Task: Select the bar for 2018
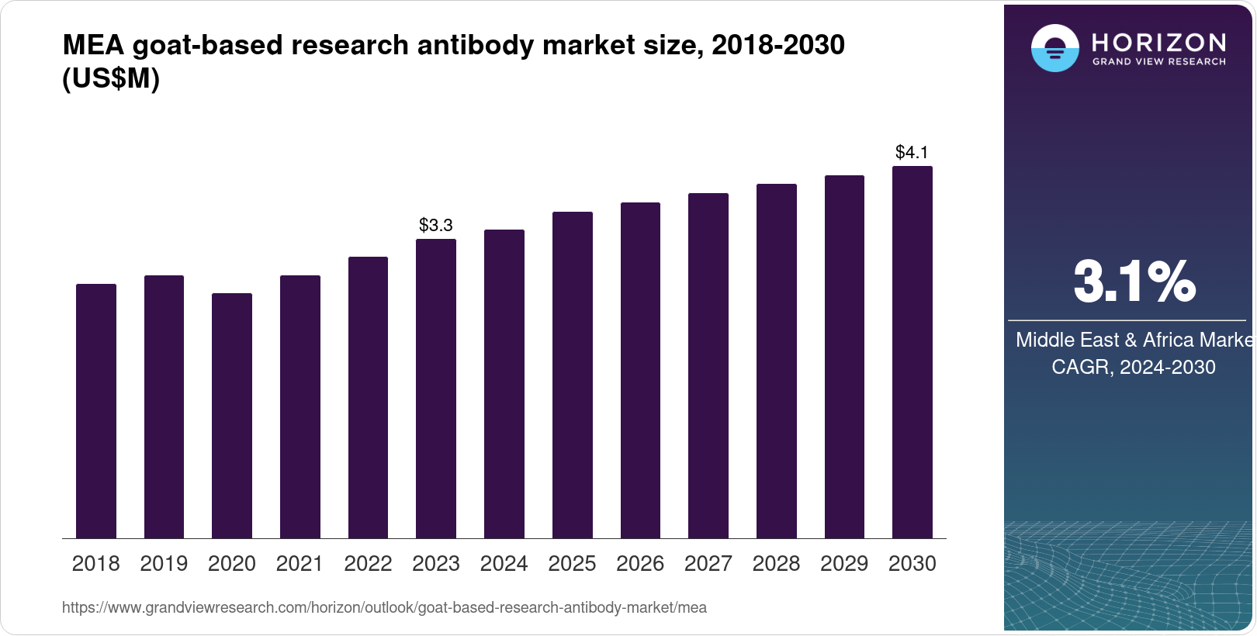point(96,411)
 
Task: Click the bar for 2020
point(232,416)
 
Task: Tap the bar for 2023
point(436,389)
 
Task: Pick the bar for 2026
point(640,371)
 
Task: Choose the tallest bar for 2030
point(912,352)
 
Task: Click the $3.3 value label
point(436,225)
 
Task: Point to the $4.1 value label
point(912,152)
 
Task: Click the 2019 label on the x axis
point(164,564)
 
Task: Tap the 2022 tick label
point(368,564)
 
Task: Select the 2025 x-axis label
point(572,564)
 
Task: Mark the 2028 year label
point(776,564)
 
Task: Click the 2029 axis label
point(844,564)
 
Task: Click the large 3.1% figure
point(1134,282)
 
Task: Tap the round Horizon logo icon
point(1054,48)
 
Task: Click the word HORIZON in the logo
point(1159,42)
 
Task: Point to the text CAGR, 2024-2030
point(1133,367)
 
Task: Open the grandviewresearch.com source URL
point(384,608)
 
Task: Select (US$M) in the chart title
point(111,79)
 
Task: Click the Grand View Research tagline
point(1159,62)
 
